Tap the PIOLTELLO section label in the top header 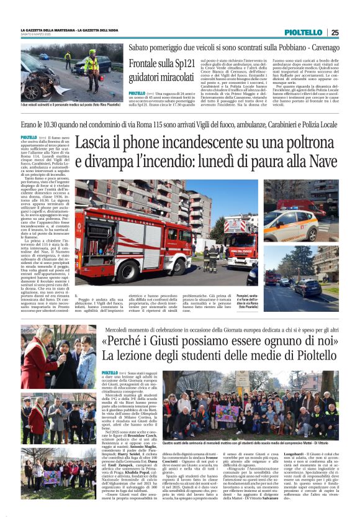304,32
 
